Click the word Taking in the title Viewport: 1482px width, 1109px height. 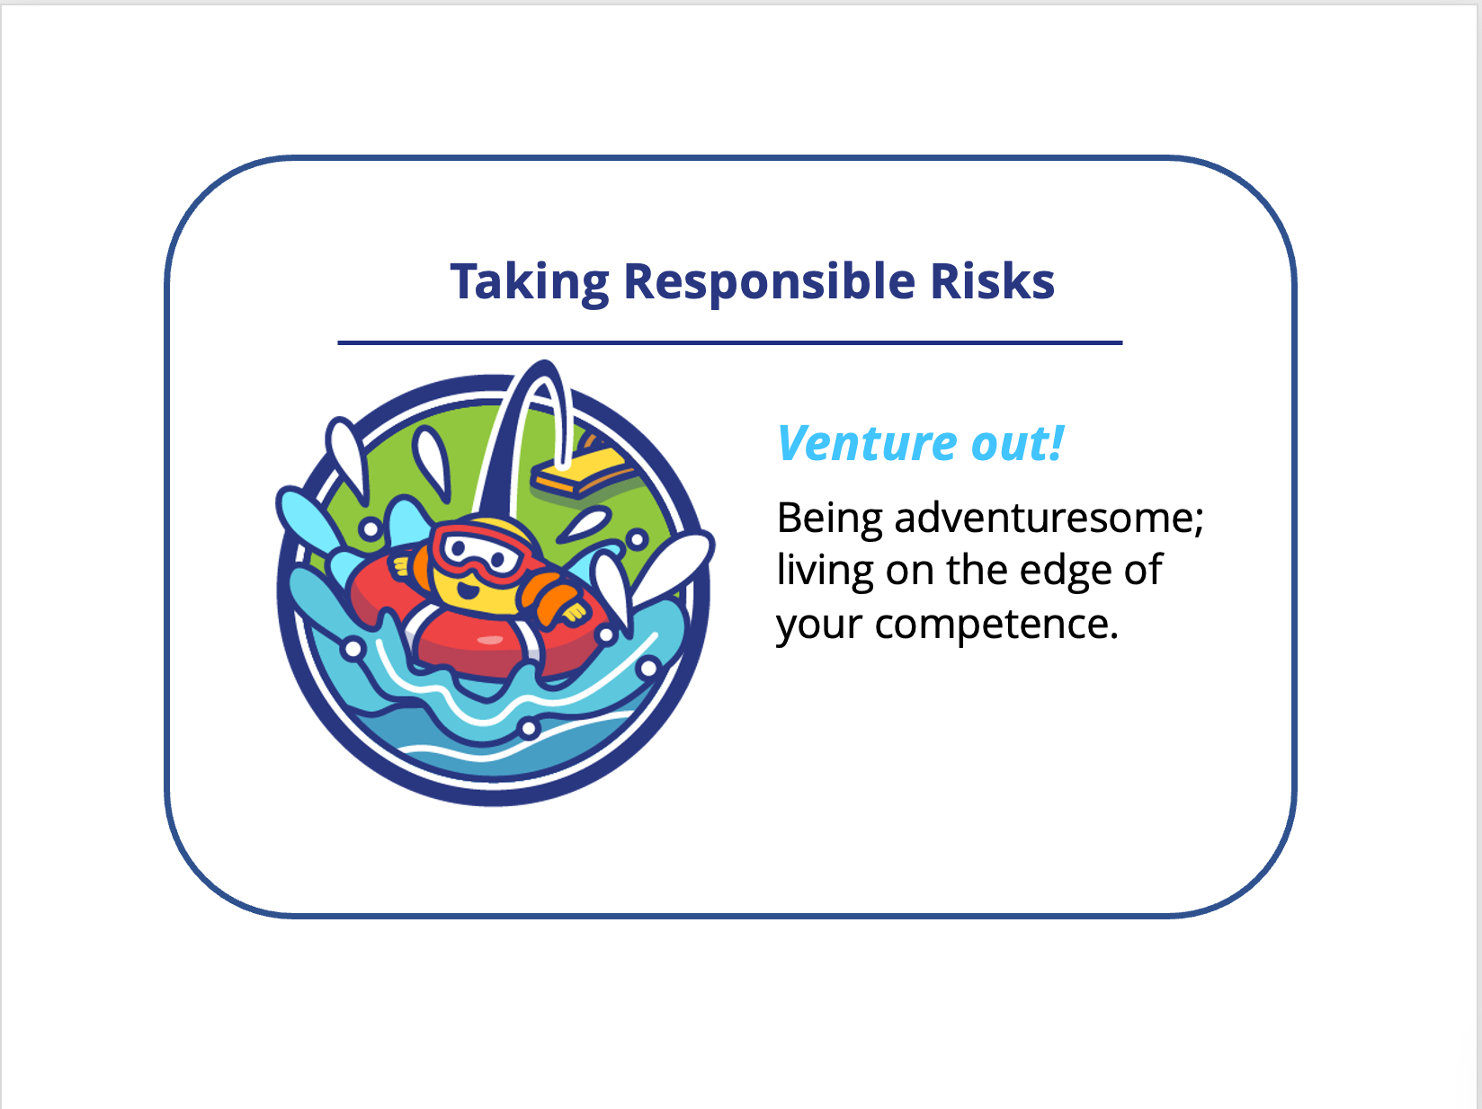(530, 282)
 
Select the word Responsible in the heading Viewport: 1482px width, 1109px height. (770, 282)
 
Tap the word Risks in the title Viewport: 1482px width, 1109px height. (992, 280)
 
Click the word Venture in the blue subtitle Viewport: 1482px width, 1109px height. (867, 443)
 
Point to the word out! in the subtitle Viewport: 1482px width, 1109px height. (1017, 443)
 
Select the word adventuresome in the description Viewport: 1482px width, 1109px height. (1049, 518)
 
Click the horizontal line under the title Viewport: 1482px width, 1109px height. (730, 342)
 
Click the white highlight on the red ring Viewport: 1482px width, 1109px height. (489, 640)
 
